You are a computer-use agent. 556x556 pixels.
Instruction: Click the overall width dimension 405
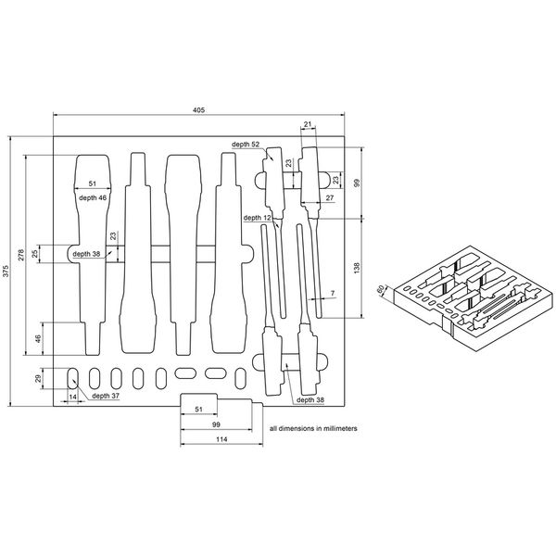coord(199,109)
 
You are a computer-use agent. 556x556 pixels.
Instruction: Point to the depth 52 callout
coord(246,145)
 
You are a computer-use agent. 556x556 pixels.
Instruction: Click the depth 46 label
coord(92,197)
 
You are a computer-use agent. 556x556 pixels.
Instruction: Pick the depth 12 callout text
coord(258,218)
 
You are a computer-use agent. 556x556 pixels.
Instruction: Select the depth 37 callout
coord(105,396)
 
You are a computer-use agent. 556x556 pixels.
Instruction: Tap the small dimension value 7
coord(332,294)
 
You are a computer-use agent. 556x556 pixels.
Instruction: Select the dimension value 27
coord(328,198)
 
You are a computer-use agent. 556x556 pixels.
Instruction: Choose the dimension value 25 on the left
coord(34,253)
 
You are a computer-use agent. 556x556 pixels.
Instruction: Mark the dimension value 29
coord(39,378)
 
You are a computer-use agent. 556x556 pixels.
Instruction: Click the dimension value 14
coord(72,397)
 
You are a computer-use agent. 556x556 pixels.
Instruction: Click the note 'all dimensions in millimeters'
coord(312,430)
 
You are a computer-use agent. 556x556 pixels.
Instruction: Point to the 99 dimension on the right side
coord(357,182)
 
